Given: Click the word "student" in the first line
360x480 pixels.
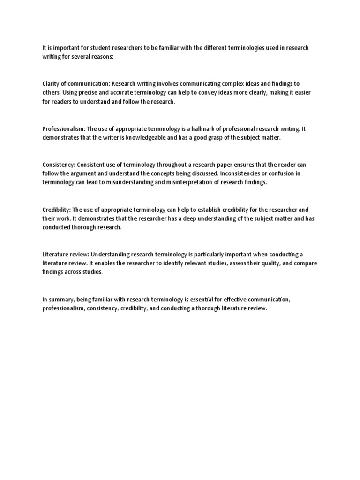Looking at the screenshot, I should (96, 48).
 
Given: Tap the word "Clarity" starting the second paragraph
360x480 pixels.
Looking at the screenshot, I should (52, 84).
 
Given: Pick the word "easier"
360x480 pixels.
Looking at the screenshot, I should (301, 93).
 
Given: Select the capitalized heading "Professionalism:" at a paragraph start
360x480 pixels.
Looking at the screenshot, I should (64, 128).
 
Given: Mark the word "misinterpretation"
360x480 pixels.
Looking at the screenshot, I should (172, 182).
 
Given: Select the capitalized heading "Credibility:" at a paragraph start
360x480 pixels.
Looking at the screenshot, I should (57, 209).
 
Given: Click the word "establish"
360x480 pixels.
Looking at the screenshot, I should (217, 209).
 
